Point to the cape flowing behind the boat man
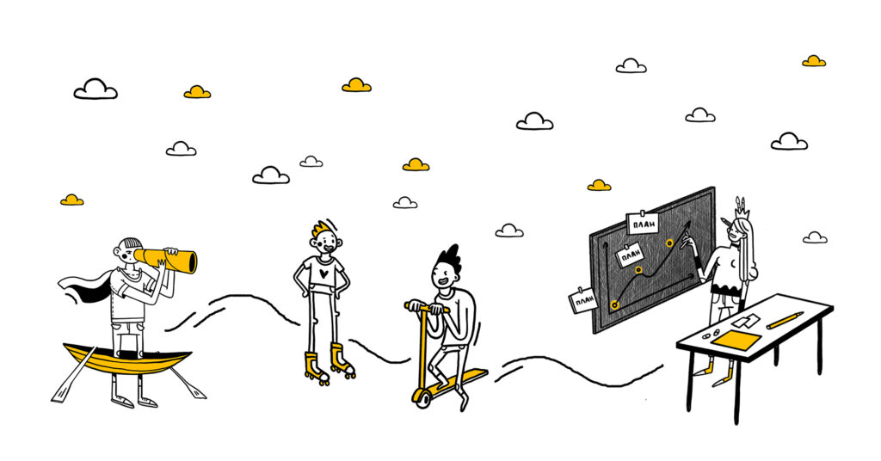(86, 284)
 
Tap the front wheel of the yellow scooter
(422, 396)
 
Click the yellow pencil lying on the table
(784, 321)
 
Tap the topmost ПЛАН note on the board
(643, 224)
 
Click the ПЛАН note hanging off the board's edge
(583, 300)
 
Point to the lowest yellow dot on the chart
(614, 304)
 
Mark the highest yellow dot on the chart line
(669, 243)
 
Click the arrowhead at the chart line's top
(687, 224)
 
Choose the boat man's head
(128, 250)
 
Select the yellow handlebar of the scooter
(428, 307)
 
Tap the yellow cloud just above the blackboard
(600, 185)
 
